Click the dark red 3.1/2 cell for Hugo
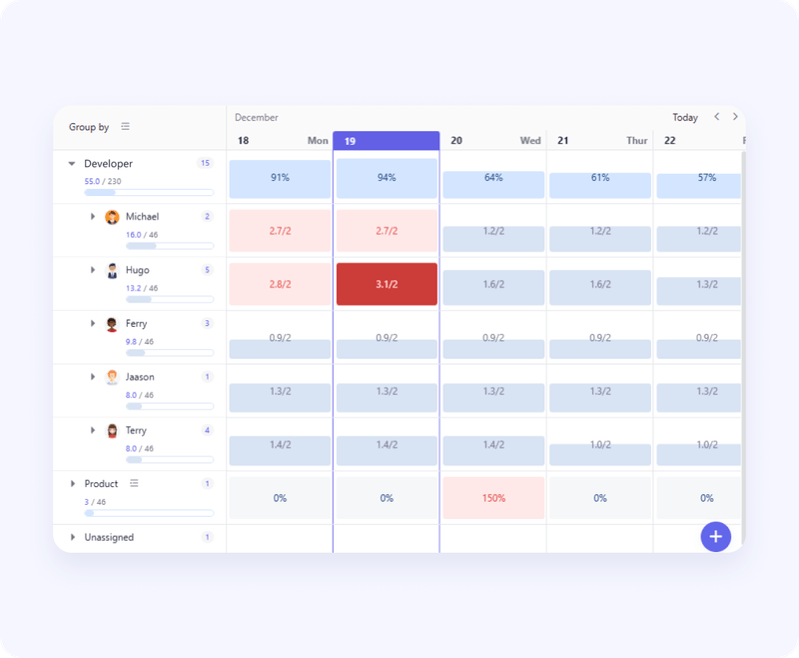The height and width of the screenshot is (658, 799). coord(387,284)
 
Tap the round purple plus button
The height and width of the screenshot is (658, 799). coord(715,537)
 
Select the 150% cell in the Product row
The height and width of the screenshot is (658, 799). coord(493,498)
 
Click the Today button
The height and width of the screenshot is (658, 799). coord(685,118)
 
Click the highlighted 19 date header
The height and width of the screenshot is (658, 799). coord(386,141)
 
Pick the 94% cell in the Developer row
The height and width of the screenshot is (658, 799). coord(387,178)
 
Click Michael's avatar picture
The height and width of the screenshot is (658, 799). coord(112,217)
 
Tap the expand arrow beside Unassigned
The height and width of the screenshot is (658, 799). coord(72,538)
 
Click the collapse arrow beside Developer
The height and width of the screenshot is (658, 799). coord(71,164)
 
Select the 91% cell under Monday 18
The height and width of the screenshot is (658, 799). coord(280,178)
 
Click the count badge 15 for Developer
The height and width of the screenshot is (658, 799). coord(206,163)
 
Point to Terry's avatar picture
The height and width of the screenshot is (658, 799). coord(112,431)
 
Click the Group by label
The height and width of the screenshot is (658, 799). coord(89,127)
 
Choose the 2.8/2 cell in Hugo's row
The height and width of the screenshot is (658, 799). coord(280,284)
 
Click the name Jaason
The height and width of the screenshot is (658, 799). coord(140,377)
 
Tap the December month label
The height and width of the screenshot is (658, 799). coord(257,118)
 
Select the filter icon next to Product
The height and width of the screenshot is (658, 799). coord(134,483)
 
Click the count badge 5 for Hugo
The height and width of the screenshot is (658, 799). coord(207,270)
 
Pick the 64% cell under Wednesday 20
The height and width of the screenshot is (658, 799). coord(493,178)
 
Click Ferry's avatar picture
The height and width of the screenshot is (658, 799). coord(112,324)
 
